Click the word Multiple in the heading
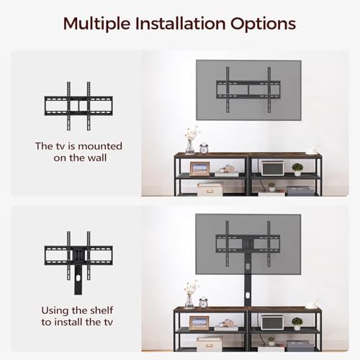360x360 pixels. [96, 24]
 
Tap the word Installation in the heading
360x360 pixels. [180, 23]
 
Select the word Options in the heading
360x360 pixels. [263, 24]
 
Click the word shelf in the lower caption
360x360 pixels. [100, 310]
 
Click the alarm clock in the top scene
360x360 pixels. [204, 148]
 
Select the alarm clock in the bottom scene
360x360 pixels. [203, 302]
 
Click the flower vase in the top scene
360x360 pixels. [191, 140]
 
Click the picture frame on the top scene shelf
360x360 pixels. [199, 169]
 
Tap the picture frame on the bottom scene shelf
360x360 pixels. [199, 323]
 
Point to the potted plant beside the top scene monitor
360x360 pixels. [297, 169]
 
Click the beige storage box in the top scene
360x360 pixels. [210, 189]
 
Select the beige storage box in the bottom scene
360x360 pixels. [210, 343]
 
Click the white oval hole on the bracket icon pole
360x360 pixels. [78, 279]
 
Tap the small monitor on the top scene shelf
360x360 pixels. [273, 168]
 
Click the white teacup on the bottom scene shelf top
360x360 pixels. [312, 305]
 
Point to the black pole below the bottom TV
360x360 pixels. [248, 290]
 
